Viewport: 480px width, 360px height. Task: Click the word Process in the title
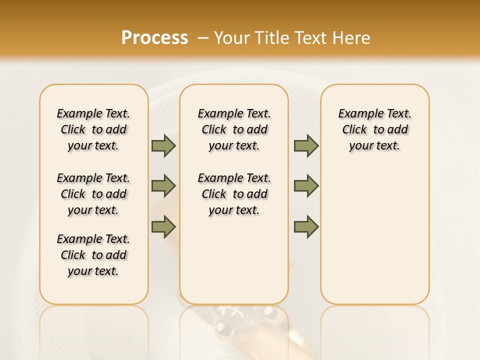154,37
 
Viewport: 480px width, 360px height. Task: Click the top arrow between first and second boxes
163,145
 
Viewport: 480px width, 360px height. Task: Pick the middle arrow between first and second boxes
163,186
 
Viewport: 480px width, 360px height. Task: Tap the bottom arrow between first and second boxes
163,226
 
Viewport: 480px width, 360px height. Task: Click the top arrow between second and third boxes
306,145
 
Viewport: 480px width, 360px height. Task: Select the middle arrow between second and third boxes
306,186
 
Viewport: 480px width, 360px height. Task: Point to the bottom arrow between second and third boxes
306,226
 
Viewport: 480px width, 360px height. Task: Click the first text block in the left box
93,129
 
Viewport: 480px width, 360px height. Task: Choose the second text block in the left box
93,194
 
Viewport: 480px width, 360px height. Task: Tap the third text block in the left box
93,255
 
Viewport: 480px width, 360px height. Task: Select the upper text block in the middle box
234,129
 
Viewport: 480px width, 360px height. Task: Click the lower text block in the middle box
234,194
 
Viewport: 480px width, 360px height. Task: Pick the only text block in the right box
374,129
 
